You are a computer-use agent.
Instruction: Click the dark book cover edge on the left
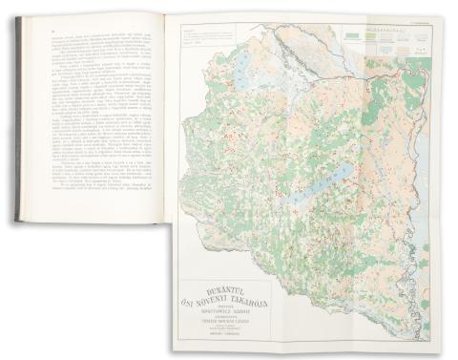click(x=19, y=124)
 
